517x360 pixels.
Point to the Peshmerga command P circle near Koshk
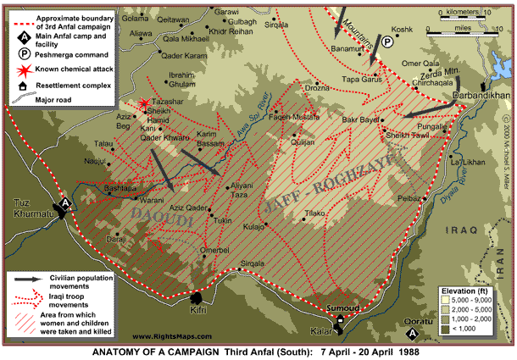pyautogui.click(x=387, y=42)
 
